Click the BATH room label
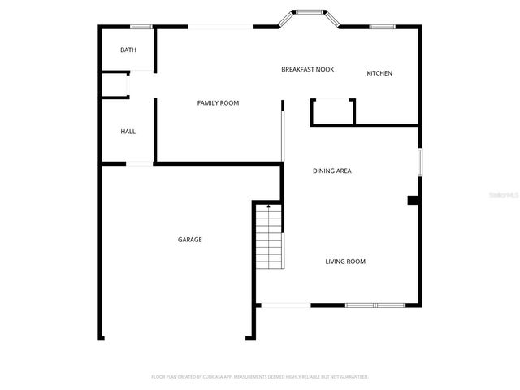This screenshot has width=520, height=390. pos(128,50)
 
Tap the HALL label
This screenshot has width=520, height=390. pos(128,132)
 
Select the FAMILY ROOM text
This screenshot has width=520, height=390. pos(218,103)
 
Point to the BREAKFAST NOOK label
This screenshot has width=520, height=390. pos(307,70)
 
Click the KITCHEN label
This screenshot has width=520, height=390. pos(379,74)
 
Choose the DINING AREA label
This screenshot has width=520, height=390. pos(331,171)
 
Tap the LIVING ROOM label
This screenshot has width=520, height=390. pos(345,262)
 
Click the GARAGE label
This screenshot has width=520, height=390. pos(190,240)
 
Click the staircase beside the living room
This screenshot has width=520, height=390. pos(269,237)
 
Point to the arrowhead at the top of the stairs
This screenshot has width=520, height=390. pos(269,209)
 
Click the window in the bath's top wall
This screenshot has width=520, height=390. pos(141,27)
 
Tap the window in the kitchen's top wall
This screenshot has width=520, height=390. pos(382,27)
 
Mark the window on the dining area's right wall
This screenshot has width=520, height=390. pos(419,162)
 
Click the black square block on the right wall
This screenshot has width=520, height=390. pos(413,200)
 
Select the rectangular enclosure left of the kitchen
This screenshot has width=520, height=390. pos(332,112)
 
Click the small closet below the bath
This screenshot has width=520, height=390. pos(115,85)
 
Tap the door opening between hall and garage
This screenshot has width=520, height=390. pos(139,164)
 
